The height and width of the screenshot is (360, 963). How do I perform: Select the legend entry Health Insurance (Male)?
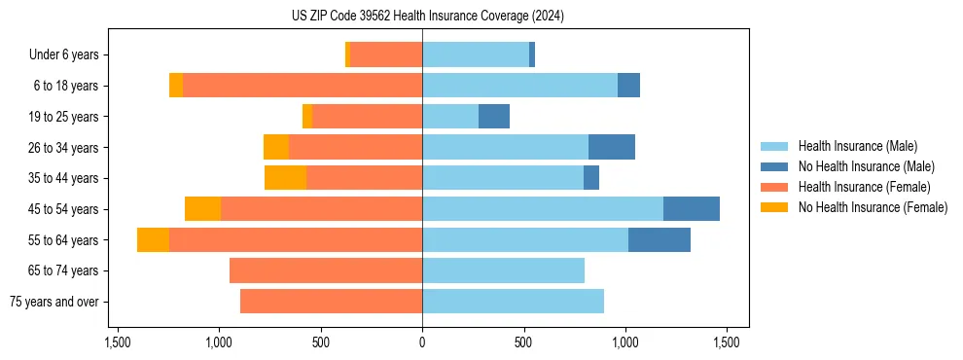(x=857, y=146)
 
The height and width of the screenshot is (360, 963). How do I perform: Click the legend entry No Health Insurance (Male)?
(x=866, y=166)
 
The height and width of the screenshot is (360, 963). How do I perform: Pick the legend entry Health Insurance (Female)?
(x=864, y=187)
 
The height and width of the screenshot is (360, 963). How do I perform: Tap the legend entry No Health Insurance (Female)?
(x=873, y=207)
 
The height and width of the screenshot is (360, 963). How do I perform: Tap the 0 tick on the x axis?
(x=422, y=342)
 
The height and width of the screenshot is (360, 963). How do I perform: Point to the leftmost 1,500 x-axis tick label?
(x=117, y=342)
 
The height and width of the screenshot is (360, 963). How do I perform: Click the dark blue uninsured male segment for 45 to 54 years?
(x=692, y=209)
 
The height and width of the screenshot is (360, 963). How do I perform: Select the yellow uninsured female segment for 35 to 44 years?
(x=285, y=178)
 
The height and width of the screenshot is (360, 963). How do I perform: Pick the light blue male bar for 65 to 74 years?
(x=503, y=270)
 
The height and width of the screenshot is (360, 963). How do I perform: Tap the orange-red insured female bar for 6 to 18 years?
(x=303, y=86)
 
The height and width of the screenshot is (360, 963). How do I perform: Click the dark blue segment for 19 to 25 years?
(x=494, y=117)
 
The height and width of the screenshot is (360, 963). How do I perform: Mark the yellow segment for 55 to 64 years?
(x=153, y=240)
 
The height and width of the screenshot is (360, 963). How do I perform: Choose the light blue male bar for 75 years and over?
(x=513, y=302)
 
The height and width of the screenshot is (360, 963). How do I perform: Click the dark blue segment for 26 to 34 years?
(x=612, y=148)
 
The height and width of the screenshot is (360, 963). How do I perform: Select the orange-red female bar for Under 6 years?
(x=386, y=55)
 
